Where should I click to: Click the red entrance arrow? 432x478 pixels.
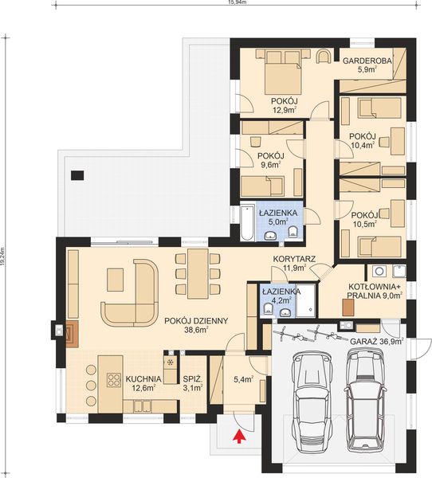[237, 435]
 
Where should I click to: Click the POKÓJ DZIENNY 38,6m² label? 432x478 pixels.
[197, 325]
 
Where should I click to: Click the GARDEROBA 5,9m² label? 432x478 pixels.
[366, 65]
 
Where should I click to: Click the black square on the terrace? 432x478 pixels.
[77, 174]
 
